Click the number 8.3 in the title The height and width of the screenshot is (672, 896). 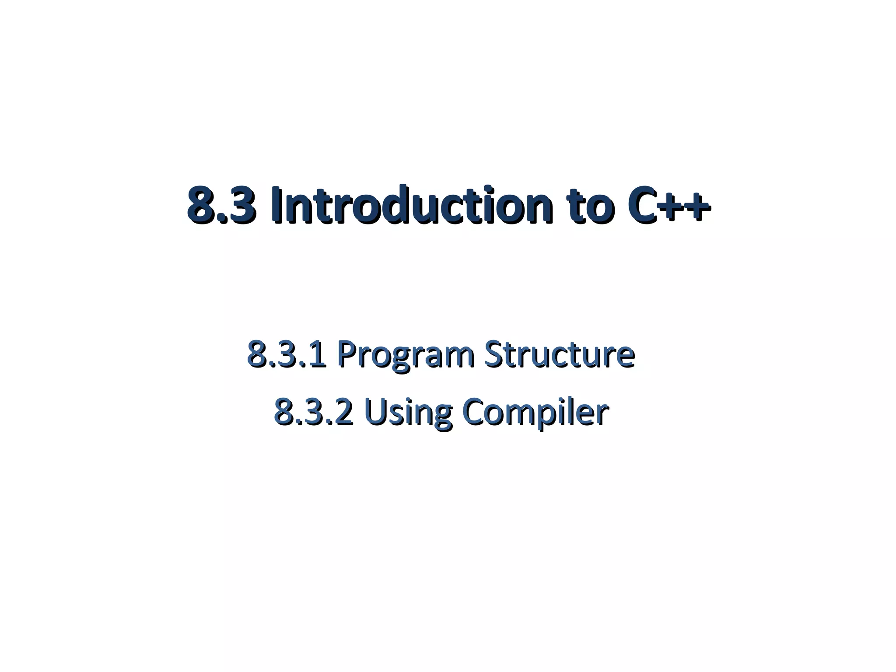coord(221,206)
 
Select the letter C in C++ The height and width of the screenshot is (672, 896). coord(642,206)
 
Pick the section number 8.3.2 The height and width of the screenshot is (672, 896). coord(313,413)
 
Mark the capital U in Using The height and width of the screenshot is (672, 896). coord(373,413)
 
